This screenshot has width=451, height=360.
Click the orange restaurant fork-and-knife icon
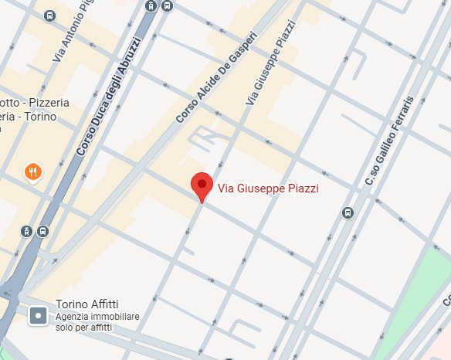point(32,172)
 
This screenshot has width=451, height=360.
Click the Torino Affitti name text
point(87,304)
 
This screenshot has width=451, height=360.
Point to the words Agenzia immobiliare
point(97,317)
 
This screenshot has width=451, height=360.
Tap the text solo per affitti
point(83,328)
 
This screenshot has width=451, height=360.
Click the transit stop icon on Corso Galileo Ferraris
point(348,212)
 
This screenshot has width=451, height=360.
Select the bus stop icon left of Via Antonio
point(50,15)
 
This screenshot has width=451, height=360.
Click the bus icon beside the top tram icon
point(168,7)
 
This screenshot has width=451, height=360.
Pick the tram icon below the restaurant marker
point(28,231)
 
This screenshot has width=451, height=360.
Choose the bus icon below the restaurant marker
point(42,231)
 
